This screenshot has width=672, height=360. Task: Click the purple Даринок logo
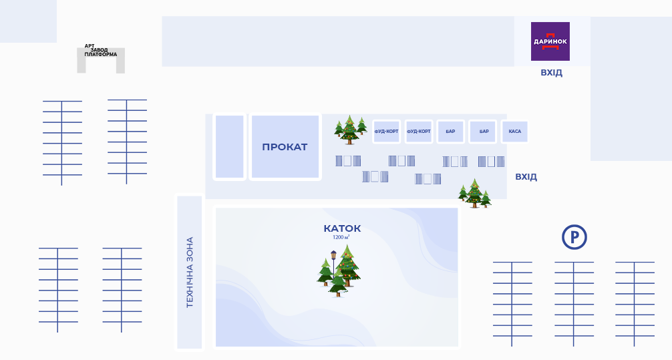550,41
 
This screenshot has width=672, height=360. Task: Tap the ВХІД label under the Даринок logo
551,73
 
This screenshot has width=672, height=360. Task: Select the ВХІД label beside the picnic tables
526,177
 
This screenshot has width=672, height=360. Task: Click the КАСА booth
514,132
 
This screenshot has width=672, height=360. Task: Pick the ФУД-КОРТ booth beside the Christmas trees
386,132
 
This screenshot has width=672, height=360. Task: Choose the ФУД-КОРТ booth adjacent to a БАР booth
419,132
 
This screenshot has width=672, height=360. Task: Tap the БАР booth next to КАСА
482,132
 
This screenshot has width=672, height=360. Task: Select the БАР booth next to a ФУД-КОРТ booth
450,132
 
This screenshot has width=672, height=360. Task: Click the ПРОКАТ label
285,147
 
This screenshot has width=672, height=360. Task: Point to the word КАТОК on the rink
342,228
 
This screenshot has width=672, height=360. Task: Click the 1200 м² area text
341,237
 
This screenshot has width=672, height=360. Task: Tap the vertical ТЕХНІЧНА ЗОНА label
190,272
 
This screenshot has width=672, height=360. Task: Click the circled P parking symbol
574,237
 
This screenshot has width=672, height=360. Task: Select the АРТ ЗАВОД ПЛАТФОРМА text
101,50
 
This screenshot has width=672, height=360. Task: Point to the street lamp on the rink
333,264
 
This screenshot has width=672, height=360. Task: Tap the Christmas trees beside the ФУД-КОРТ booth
350,130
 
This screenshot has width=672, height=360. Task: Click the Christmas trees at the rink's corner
474,194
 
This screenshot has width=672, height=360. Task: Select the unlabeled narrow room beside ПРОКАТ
229,147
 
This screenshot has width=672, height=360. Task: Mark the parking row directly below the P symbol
574,304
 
